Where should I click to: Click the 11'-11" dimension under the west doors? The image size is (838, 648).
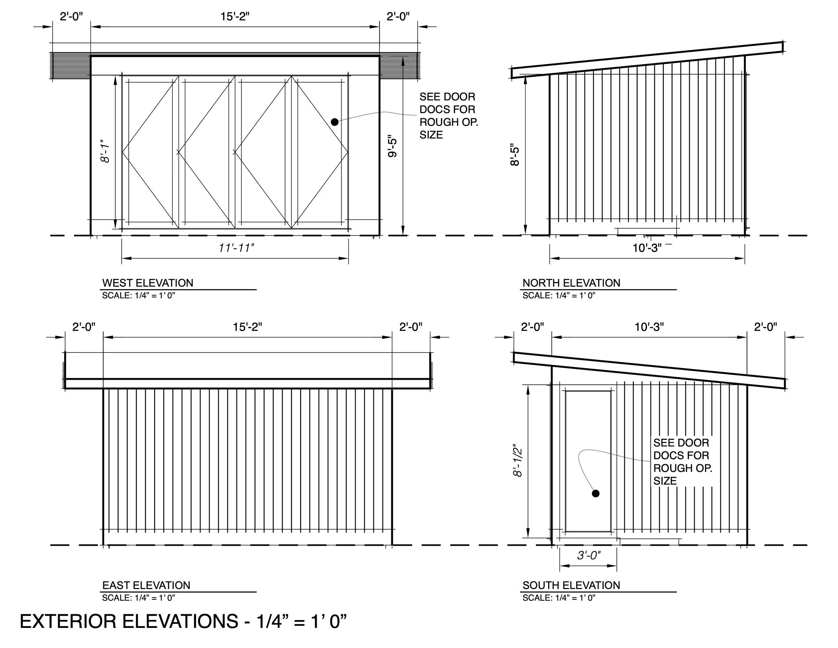click(236, 248)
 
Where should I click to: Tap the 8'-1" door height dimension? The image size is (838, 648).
click(105, 151)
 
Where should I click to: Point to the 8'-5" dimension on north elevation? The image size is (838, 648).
click(515, 155)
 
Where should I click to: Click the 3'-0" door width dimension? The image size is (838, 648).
click(589, 555)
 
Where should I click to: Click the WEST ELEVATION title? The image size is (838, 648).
click(148, 283)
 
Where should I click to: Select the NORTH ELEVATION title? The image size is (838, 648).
click(571, 283)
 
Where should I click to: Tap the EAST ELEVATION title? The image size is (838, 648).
click(146, 585)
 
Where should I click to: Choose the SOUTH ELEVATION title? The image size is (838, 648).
click(571, 585)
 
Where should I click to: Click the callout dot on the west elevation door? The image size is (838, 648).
click(335, 122)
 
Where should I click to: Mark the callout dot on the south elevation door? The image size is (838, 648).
click(596, 494)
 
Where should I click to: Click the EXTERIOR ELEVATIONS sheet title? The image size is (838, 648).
click(183, 621)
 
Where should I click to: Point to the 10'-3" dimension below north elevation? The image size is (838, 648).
click(647, 248)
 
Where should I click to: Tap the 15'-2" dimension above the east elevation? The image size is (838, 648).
click(247, 327)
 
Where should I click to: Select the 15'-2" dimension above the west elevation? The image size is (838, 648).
click(235, 16)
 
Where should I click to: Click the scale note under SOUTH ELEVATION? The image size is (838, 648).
click(559, 598)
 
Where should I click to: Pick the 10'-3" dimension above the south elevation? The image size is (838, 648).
click(649, 327)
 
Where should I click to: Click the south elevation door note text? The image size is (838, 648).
click(682, 462)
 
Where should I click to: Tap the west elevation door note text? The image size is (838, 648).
click(448, 116)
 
